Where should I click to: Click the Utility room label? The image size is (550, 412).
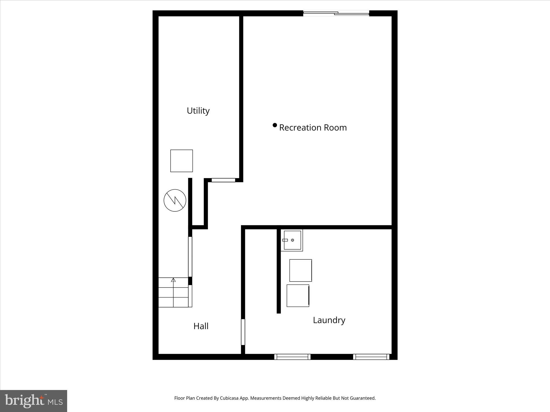198,111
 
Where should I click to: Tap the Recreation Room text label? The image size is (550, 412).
313,127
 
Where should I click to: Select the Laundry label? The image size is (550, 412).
329,320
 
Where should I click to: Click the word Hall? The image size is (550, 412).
201,326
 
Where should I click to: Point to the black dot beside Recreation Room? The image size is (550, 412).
275,125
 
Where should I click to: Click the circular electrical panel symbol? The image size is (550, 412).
175,200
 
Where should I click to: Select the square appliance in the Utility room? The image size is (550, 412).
182,161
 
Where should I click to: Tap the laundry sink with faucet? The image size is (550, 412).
292,240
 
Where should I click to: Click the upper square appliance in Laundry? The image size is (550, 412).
301,270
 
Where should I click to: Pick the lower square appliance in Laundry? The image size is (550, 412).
298,296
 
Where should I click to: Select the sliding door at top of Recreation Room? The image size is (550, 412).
336,13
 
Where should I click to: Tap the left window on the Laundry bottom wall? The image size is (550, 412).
292,357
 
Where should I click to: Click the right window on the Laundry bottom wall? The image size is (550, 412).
371,357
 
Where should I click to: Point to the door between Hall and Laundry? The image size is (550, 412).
243,332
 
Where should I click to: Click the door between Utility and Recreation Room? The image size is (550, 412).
223,180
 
